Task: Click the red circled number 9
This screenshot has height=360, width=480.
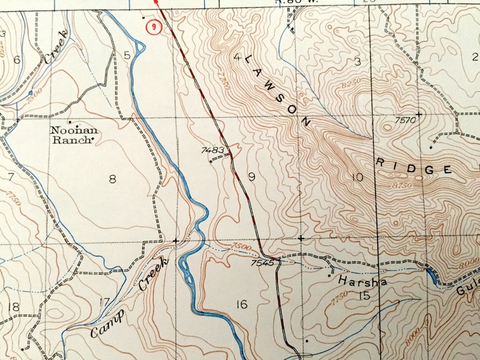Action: click(157, 27)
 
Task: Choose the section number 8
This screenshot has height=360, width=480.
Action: click(112, 178)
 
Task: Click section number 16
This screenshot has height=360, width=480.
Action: click(241, 304)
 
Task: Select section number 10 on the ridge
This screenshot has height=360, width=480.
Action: click(357, 177)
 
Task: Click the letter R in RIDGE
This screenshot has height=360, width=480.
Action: click(380, 162)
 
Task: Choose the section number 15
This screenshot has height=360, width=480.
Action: click(363, 295)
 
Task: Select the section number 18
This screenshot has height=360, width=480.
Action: click(13, 307)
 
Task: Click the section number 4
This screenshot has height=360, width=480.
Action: click(238, 57)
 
